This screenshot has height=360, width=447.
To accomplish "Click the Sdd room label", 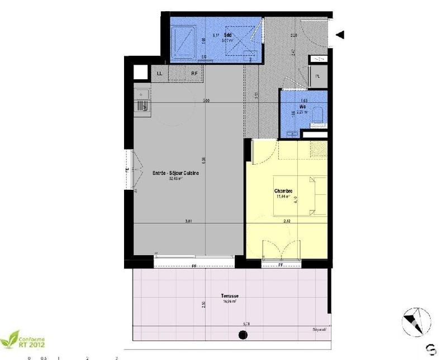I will pyautogui.click(x=212, y=35).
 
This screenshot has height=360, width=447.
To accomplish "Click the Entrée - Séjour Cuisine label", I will pyautogui.click(x=177, y=174).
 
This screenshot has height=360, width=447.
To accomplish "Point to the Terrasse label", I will pyautogui.click(x=230, y=296).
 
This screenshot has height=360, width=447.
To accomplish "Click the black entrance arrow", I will pyautogui.click(x=340, y=35).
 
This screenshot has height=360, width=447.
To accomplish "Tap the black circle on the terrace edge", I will pyautogui.click(x=242, y=335).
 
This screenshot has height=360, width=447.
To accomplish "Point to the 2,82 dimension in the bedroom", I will pyautogui.click(x=287, y=222).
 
